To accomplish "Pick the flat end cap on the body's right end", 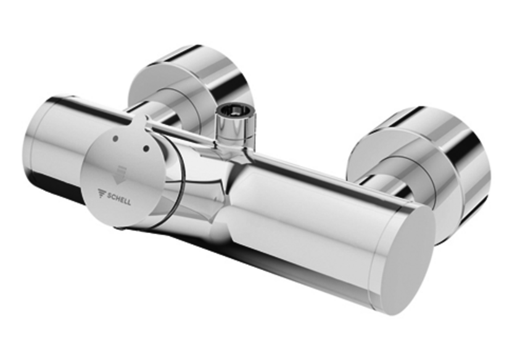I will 405,256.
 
